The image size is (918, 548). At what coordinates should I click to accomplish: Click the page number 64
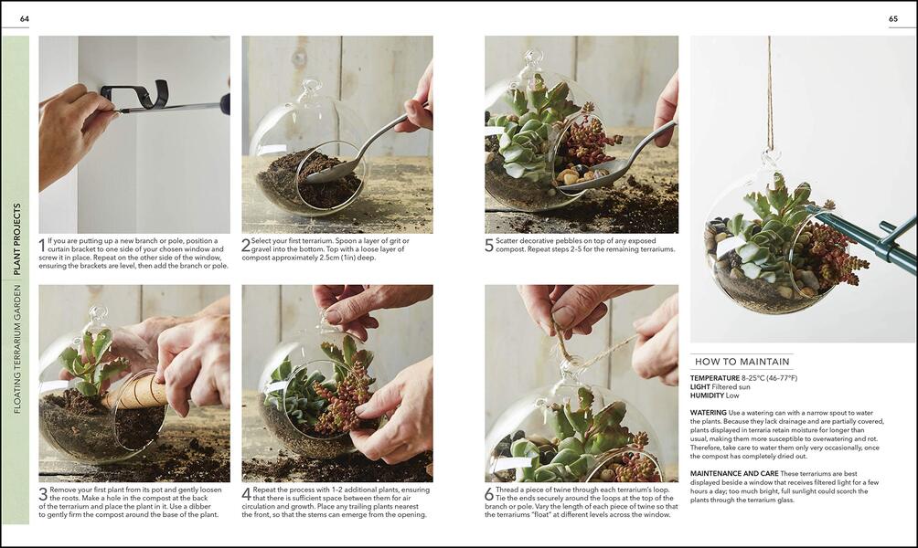point(24,19)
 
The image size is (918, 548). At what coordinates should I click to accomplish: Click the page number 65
point(893,19)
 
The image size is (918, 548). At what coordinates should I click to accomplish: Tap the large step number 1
point(42,245)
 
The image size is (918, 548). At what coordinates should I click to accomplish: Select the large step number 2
point(246,245)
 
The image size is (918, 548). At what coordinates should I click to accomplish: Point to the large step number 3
point(42,494)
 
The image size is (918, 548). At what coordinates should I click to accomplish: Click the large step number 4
point(246,494)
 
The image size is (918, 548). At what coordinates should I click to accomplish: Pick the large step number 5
point(489,245)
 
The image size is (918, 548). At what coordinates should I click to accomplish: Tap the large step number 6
point(489,494)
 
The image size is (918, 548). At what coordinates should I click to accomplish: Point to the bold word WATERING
point(709,413)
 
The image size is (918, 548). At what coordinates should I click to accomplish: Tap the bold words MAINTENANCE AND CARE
point(736,473)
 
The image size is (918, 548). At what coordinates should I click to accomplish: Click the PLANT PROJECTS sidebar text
point(16,239)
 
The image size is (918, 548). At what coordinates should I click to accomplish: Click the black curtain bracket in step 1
point(137,92)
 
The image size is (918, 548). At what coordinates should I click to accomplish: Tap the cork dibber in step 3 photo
point(137,394)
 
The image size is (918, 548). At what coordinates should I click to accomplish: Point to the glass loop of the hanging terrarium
point(771,159)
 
